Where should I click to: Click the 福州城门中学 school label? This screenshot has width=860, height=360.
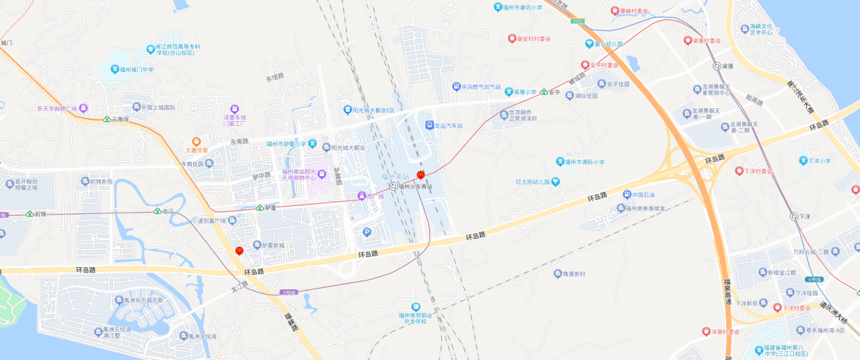(x=137, y=69)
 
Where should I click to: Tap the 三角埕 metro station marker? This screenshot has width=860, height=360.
(x=108, y=119)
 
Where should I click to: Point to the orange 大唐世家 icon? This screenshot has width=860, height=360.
(x=196, y=142)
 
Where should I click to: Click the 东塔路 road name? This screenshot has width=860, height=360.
(x=275, y=77)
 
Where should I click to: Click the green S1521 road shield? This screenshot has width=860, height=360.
(x=577, y=22)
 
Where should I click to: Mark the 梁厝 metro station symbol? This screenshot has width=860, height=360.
(x=717, y=66)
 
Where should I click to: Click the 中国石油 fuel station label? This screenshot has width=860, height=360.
(x=643, y=195)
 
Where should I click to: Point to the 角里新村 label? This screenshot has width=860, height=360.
(x=569, y=273)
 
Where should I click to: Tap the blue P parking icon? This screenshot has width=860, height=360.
(x=367, y=233)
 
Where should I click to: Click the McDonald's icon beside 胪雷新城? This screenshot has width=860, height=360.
(x=238, y=251)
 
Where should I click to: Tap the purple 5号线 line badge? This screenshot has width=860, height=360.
(x=287, y=292)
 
